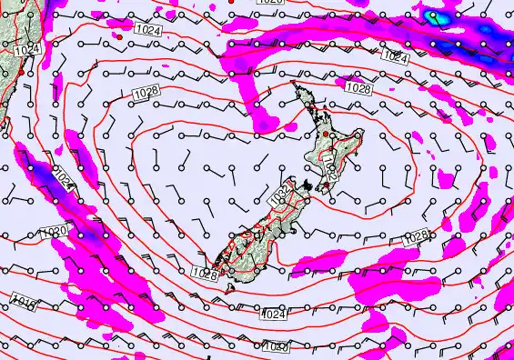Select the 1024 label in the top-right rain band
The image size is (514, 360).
(394, 56)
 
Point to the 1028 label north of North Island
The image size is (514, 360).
(358, 88)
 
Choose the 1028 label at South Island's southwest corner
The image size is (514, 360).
(206, 271)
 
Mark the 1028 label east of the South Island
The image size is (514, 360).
(415, 236)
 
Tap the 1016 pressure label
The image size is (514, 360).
(23, 299)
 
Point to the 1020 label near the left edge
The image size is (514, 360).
(53, 234)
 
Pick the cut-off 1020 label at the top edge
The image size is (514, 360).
(270, 3)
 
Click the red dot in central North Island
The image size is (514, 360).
(324, 134)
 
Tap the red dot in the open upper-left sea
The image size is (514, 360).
(118, 38)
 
